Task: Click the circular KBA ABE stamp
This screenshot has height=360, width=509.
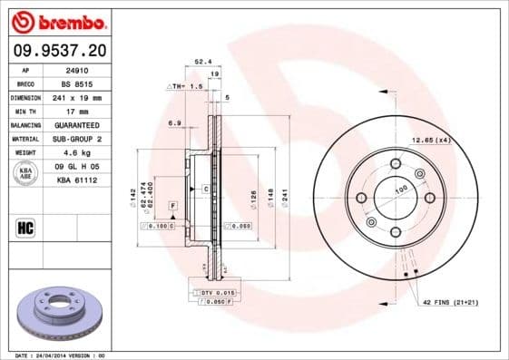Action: point(25,174)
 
